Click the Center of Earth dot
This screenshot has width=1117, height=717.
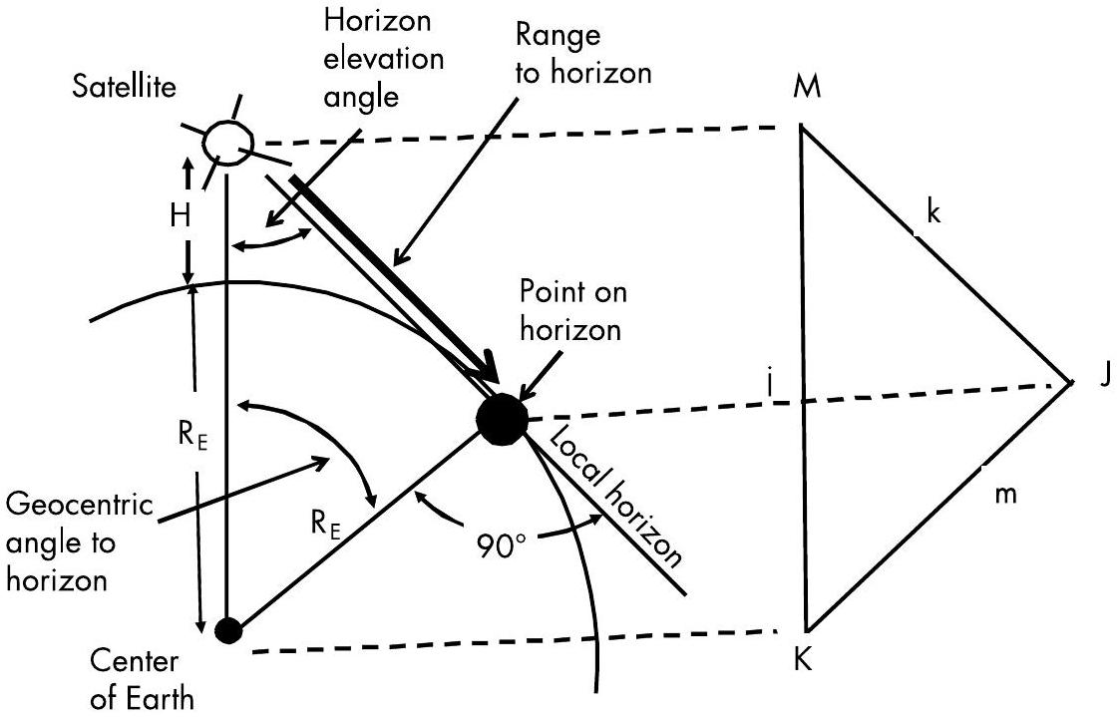[x=228, y=630]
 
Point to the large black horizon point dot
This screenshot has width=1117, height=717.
[x=502, y=419]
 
